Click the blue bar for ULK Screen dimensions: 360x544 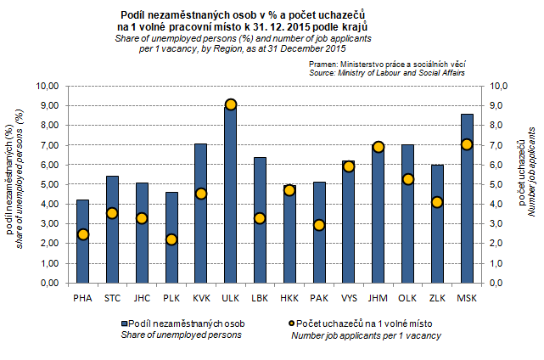(230, 195)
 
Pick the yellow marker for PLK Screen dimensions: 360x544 (171, 239)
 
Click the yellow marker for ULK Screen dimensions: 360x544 (230, 104)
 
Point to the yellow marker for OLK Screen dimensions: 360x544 (407, 179)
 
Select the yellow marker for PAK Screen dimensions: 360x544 (319, 225)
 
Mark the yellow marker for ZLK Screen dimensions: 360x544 (437, 202)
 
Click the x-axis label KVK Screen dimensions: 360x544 (200, 297)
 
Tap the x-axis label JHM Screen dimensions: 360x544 (378, 297)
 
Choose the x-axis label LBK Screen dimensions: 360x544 (260, 297)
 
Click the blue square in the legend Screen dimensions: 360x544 (125, 323)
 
